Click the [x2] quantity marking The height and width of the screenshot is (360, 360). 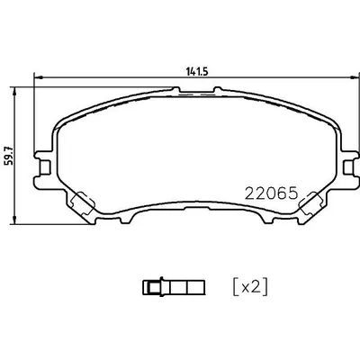point(251,287)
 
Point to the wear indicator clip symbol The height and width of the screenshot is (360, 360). point(173,287)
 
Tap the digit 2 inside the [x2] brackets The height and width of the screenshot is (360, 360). point(258,287)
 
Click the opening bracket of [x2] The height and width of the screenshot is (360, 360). point(237,287)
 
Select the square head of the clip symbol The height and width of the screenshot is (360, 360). point(151,287)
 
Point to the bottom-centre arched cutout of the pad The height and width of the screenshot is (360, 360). point(190,212)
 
